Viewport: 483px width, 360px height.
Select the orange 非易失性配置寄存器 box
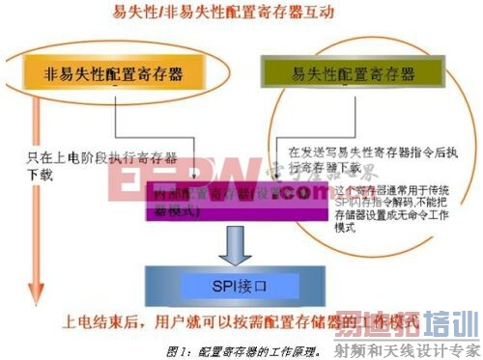[x=115, y=73]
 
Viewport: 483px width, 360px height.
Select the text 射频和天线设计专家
[x=421, y=348]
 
